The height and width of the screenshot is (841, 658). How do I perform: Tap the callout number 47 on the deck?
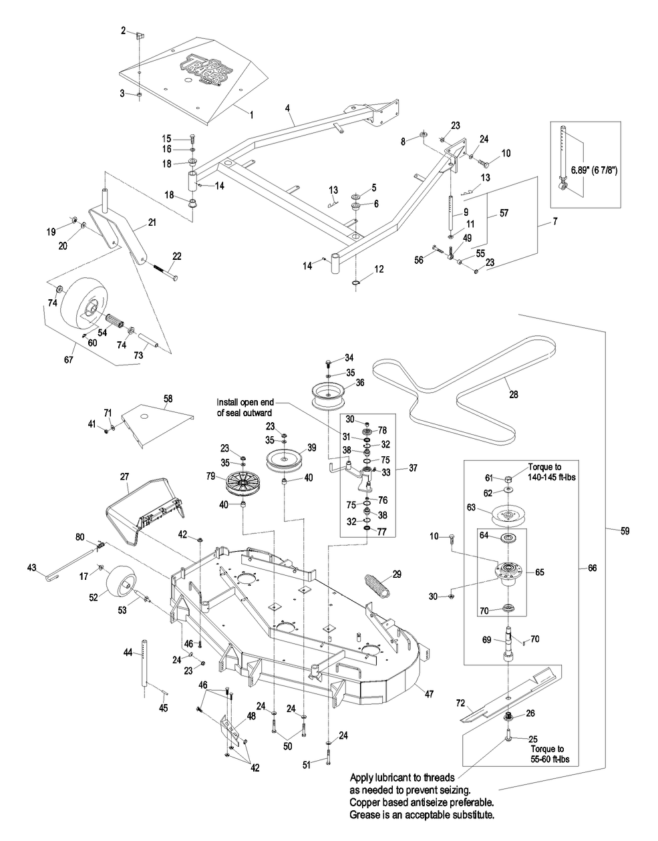click(x=429, y=695)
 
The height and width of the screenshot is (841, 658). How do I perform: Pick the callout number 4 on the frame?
click(x=286, y=107)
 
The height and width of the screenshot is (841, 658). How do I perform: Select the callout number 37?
click(x=413, y=468)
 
